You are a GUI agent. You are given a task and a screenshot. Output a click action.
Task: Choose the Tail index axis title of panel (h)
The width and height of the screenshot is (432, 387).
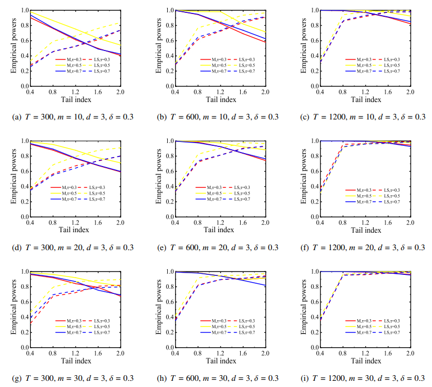point(220,361)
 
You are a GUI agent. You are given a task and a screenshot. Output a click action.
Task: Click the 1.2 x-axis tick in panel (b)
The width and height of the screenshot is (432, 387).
point(220,92)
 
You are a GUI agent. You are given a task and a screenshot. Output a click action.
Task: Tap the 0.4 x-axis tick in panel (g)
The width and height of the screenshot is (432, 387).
point(30,353)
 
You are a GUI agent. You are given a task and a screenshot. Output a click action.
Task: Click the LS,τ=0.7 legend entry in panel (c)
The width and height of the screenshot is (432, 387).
point(387,71)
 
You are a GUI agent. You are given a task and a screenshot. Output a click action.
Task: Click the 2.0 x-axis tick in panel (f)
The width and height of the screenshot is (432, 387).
point(410,223)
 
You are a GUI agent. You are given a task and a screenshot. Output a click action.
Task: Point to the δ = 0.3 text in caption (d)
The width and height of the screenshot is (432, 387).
point(118,247)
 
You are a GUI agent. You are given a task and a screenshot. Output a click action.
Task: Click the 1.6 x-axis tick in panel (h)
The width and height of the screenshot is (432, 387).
point(243,353)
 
